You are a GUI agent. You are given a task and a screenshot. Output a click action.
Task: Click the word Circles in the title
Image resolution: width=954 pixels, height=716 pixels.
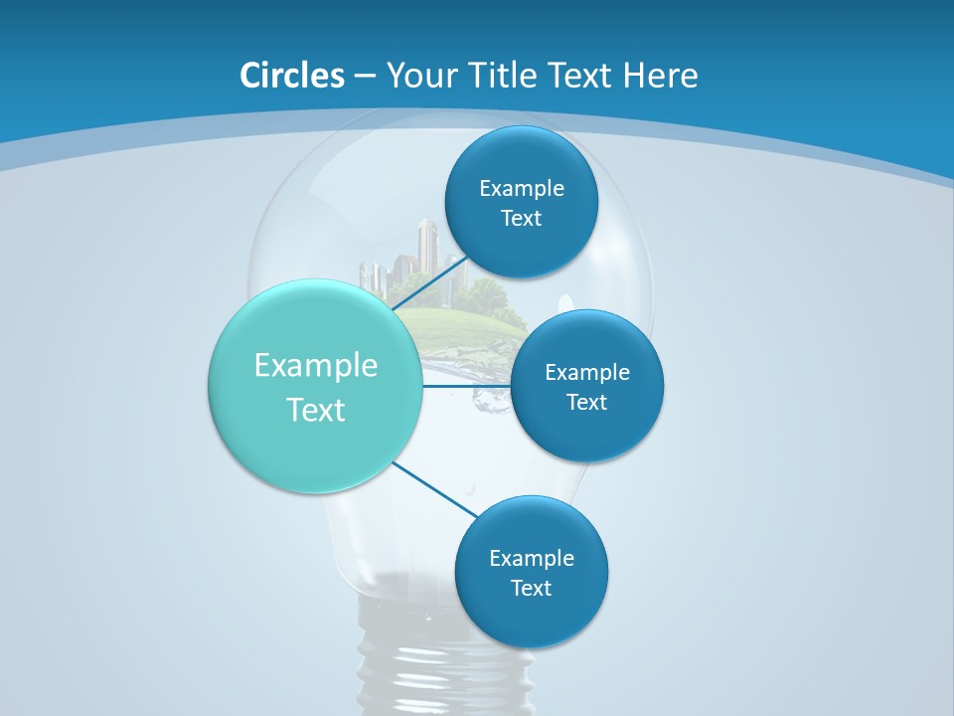pos(292,76)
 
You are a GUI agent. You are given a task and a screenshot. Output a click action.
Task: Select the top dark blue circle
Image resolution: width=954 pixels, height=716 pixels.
pos(521,159)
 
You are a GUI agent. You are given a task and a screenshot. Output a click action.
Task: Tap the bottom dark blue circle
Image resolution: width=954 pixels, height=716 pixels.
pos(531,621)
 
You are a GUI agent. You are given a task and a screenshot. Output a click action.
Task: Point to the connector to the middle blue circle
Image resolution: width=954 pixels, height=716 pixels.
pos(467,386)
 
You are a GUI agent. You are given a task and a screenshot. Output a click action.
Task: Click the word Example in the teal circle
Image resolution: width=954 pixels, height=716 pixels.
pos(316,366)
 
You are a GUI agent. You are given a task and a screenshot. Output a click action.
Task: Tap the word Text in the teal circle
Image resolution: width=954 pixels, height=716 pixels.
pos(316,410)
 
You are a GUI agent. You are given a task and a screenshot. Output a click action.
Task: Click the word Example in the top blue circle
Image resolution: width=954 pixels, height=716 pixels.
pos(521,189)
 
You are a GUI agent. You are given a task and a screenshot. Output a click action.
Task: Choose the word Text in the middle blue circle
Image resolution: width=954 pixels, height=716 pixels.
pos(586,403)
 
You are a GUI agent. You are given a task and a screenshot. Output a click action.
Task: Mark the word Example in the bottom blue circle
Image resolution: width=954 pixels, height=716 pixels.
pos(531,559)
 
